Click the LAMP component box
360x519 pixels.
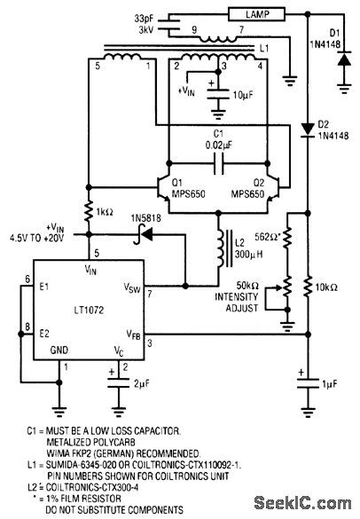pyautogui.click(x=258, y=14)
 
